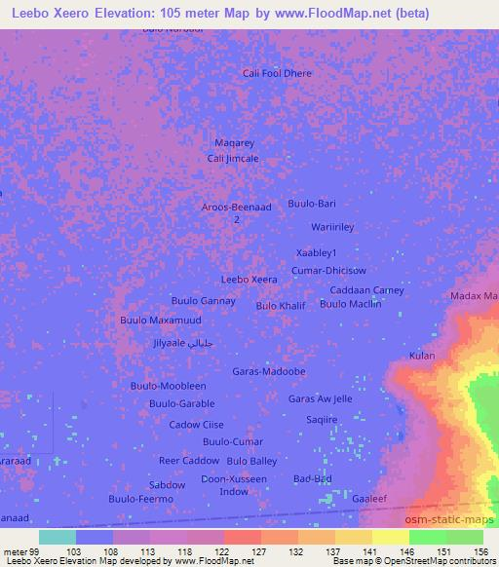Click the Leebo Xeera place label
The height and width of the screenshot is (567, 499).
tap(249, 280)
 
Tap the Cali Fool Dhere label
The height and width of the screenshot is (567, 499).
tap(278, 73)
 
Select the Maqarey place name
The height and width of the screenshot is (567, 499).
tap(234, 143)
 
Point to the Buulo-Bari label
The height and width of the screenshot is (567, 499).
tap(312, 204)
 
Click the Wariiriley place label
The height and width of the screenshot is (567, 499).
tap(332, 227)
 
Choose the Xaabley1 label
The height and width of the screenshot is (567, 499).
tap(316, 252)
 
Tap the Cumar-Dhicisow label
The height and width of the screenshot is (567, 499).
tap(328, 270)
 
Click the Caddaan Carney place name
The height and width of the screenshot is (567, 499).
tap(366, 290)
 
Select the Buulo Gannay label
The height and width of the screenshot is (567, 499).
tap(204, 300)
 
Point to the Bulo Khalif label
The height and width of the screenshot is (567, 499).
tap(281, 306)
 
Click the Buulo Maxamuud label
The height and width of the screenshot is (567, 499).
tap(161, 320)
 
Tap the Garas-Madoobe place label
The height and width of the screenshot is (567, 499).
tap(269, 372)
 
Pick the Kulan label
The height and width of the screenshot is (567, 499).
tap(422, 356)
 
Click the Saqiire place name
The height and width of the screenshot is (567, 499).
tap(322, 420)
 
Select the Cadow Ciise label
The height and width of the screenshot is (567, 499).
tap(197, 425)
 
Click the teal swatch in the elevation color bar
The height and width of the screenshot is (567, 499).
tap(58, 537)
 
